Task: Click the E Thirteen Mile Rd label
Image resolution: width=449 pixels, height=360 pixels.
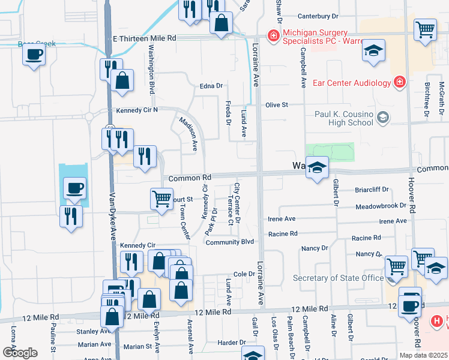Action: (x=145, y=37)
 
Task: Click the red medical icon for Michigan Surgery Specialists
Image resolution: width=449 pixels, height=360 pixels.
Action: (x=273, y=36)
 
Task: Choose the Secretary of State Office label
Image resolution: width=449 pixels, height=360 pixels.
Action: (x=338, y=278)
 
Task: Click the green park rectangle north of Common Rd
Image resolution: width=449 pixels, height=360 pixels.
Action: (x=330, y=152)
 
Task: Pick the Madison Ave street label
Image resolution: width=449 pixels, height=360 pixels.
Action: (x=189, y=133)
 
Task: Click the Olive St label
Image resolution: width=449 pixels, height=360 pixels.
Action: (x=277, y=104)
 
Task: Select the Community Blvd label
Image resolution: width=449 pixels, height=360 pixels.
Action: (x=230, y=242)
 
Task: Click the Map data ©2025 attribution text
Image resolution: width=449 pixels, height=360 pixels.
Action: (x=423, y=355)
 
